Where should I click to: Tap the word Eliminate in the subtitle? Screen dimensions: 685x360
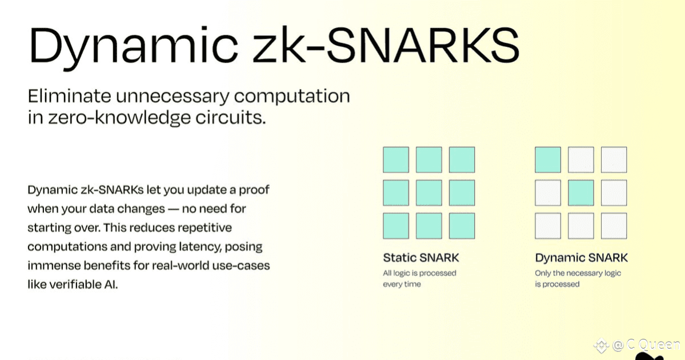click(x=70, y=95)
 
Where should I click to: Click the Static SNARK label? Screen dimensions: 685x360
click(x=421, y=258)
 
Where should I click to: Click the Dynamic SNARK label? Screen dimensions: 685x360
click(x=582, y=258)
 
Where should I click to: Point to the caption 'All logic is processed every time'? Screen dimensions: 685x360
click(x=419, y=279)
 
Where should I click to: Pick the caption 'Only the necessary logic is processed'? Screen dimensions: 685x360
click(x=578, y=279)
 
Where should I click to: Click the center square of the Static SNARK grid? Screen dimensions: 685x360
click(x=429, y=193)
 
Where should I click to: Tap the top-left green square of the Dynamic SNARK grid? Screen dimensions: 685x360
click(x=548, y=160)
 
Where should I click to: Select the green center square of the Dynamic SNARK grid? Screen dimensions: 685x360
click(x=581, y=193)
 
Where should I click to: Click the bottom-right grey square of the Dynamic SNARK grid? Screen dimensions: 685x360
click(x=614, y=226)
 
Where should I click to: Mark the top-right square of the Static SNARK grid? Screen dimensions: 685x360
click(x=462, y=160)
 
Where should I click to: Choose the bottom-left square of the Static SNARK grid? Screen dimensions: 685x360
click(x=396, y=226)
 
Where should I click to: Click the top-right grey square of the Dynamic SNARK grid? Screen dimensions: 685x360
click(x=614, y=160)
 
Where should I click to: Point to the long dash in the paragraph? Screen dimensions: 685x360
click(x=174, y=209)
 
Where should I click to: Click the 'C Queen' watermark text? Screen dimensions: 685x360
click(x=653, y=345)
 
